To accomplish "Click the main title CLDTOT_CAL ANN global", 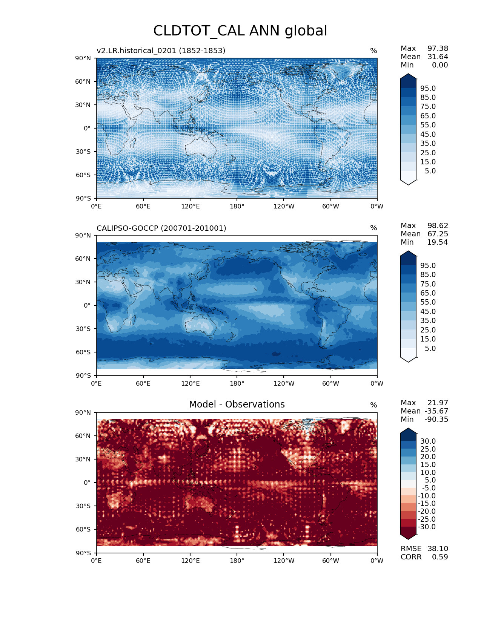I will click(240, 31).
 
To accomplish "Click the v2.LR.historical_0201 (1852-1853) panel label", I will click(161, 51).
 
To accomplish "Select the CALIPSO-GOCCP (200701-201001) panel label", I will click(161, 228).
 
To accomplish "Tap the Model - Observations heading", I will click(237, 404).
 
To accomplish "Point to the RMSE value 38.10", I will click(438, 548).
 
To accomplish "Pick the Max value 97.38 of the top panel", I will click(438, 48).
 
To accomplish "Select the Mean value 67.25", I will click(438, 234).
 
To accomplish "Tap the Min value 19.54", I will click(438, 242).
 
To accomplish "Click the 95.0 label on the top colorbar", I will click(428, 88).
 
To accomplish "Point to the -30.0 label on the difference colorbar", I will click(427, 527).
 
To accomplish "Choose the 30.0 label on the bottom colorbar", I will click(428, 441).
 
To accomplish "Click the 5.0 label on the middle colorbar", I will click(430, 348).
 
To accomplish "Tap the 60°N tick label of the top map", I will click(83, 81).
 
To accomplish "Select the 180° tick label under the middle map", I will click(237, 383).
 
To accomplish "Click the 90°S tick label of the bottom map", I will click(83, 553).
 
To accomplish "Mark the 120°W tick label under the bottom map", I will click(284, 561).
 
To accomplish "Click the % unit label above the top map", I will click(373, 51).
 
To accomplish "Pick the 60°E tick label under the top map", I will click(143, 206).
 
